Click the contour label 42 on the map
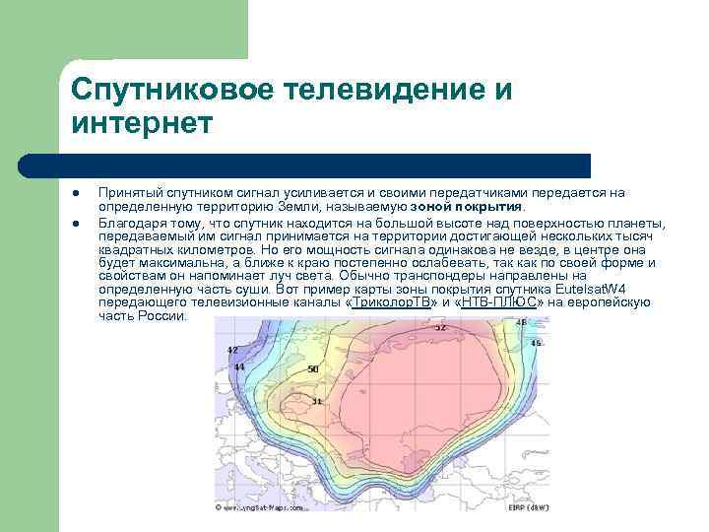(232, 350)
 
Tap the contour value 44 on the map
(239, 366)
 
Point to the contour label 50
(313, 369)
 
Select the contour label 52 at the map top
(439, 326)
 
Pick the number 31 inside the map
(316, 401)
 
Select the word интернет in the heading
(141, 125)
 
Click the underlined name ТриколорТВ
(393, 304)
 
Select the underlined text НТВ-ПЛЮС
(500, 304)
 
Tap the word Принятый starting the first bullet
(127, 193)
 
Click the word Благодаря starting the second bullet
(131, 223)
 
